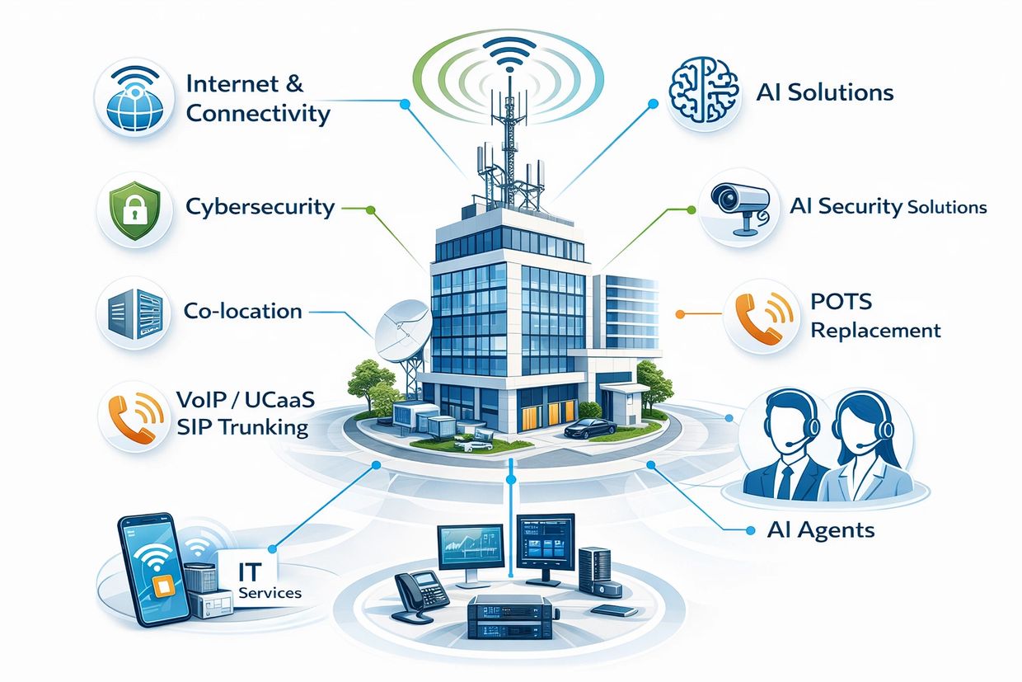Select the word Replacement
874,331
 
